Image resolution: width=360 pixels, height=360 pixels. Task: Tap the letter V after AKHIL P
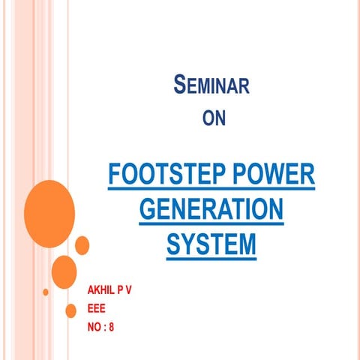(128, 289)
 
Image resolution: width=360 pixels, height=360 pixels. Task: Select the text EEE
(97, 307)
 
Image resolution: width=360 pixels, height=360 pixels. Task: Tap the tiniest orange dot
(46, 291)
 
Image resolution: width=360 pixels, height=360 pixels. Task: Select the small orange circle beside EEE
(72, 310)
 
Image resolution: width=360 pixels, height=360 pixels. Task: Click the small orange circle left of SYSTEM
(82, 244)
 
